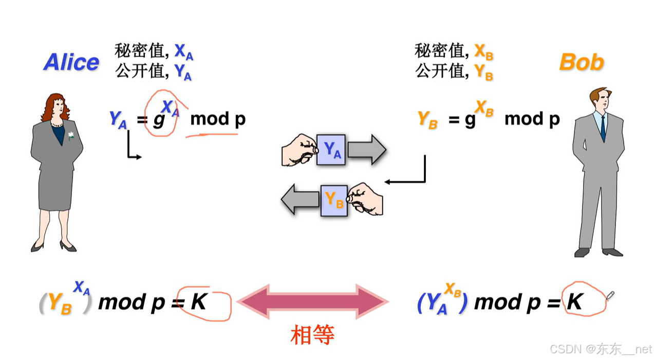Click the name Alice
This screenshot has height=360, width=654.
pyautogui.click(x=71, y=62)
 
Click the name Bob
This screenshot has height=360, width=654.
pyautogui.click(x=581, y=62)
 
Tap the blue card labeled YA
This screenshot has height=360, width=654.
pyautogui.click(x=331, y=149)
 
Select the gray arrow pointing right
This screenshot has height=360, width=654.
pyautogui.click(x=366, y=149)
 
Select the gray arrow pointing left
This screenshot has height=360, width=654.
pyautogui.click(x=300, y=200)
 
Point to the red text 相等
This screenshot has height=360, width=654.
pyautogui.click(x=312, y=335)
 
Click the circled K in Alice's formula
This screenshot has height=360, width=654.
pyautogui.click(x=198, y=302)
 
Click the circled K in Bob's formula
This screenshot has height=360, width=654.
pyautogui.click(x=574, y=302)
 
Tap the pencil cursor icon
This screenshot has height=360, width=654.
pyautogui.click(x=610, y=295)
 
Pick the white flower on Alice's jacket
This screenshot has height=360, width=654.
pyautogui.click(x=71, y=136)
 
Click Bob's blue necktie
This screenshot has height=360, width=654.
pyautogui.click(x=603, y=129)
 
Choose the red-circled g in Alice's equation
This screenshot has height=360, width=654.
pyautogui.click(x=159, y=120)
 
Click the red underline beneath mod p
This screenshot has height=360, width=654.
pyautogui.click(x=211, y=136)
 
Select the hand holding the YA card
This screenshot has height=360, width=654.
pyautogui.click(x=299, y=150)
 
